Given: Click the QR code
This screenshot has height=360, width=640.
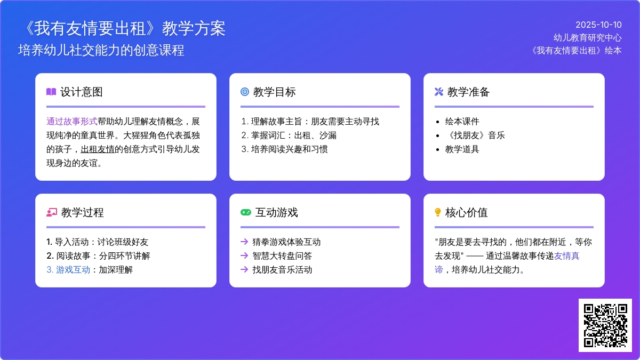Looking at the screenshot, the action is tap(605, 325).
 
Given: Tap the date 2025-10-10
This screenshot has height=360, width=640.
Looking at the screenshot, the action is tap(598, 25).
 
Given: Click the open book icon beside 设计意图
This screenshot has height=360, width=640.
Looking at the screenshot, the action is tap(51, 92).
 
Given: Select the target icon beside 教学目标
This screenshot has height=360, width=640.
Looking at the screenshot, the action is tap(245, 92).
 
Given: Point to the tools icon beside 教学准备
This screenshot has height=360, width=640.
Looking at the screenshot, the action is tap(439, 92).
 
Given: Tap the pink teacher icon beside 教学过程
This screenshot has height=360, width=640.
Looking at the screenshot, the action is tap(52, 212).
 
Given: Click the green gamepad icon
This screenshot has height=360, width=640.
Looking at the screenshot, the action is tap(246, 212).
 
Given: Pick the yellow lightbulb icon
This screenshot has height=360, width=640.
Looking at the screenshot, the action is tap(438, 212).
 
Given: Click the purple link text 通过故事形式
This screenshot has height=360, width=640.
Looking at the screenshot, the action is tap(71, 122).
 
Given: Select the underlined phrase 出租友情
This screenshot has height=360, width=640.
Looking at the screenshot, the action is tap(98, 149).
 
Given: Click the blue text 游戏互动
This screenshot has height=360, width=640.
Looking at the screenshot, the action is tap(73, 270).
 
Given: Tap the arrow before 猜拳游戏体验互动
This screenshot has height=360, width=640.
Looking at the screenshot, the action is tap(244, 242).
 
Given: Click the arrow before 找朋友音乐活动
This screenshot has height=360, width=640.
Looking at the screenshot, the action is tap(244, 269).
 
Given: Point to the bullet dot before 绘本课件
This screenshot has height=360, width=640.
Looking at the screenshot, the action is tap(437, 122).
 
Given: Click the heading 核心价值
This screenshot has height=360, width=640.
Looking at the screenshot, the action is tap(466, 212).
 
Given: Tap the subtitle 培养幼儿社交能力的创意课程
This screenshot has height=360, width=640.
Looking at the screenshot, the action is tap(101, 50).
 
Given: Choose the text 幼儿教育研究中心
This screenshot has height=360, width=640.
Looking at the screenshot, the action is tap(587, 38).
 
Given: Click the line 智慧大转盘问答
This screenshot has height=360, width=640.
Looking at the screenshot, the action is tap(282, 255).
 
